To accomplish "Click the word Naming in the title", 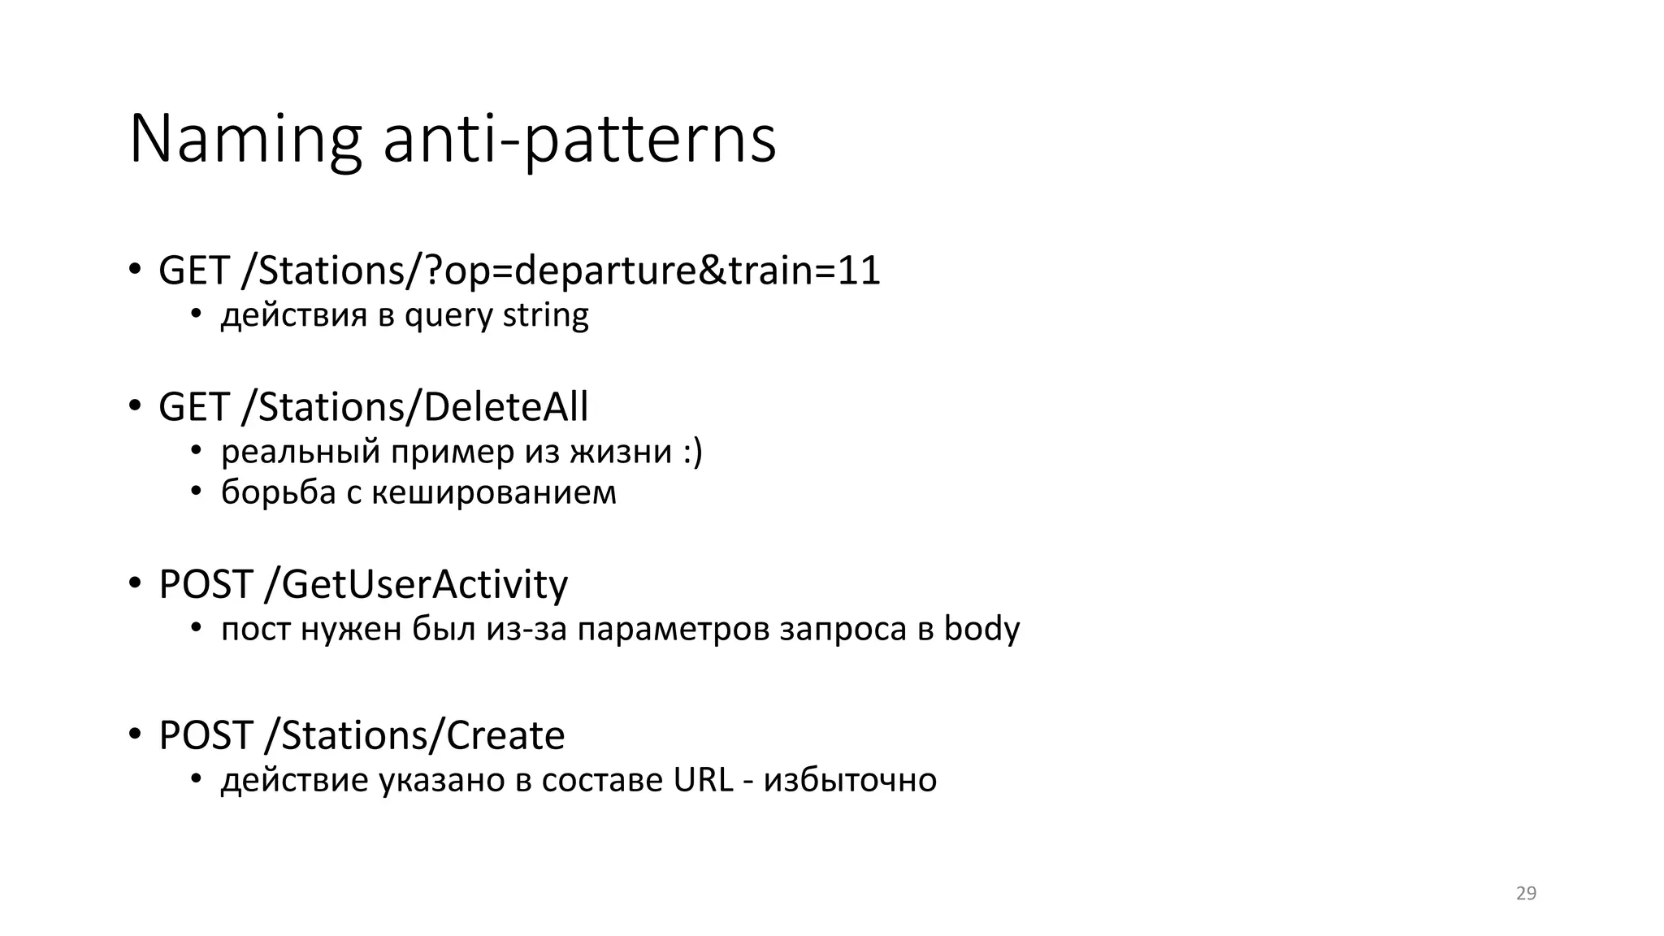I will pos(245,140).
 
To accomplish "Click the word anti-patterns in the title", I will pos(579,140).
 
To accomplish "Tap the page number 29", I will pos(1526,894).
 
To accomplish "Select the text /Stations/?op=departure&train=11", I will pos(561,271).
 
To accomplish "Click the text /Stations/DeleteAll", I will pos(414,407).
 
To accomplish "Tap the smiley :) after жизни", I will pos(692,452).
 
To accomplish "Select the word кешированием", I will pos(494,492).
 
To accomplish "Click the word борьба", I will pos(278,492).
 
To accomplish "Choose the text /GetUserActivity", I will pos(416,584).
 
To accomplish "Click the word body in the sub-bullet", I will pos(981,629).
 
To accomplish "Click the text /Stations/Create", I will pos(414,735).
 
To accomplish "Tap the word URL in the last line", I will pos(703,780).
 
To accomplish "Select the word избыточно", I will pos(850,780).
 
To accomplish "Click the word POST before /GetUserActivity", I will pos(206,584).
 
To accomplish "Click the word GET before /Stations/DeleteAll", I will pos(193,407).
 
